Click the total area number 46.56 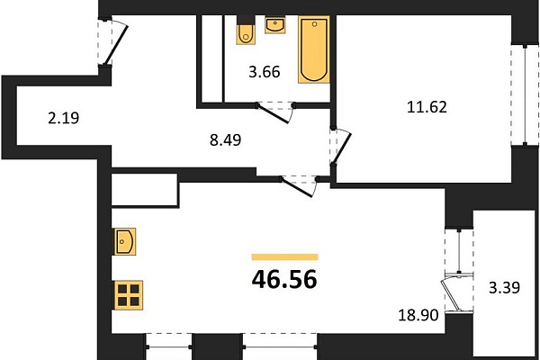(284, 279)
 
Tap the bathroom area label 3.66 (265, 72)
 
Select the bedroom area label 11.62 (427, 107)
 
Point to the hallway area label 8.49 (226, 140)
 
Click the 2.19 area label (63, 118)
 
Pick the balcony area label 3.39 (505, 287)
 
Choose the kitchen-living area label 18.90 (418, 315)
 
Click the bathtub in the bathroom (314, 49)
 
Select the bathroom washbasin (274, 25)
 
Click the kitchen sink (124, 241)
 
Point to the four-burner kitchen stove (128, 295)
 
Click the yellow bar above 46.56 (284, 257)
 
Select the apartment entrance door (113, 41)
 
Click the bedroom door (340, 147)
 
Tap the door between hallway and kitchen (299, 187)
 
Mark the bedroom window (525, 95)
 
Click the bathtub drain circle (314, 24)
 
